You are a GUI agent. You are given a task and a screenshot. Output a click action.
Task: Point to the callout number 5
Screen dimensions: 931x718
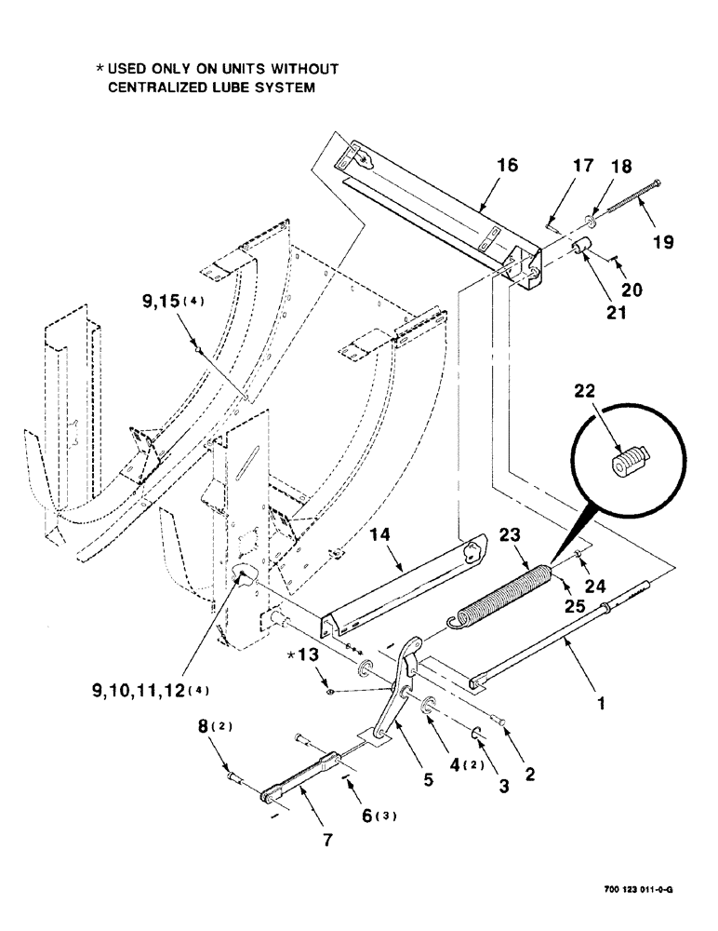[x=429, y=782]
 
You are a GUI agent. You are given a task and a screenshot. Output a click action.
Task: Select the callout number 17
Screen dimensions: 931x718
[x=583, y=169]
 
